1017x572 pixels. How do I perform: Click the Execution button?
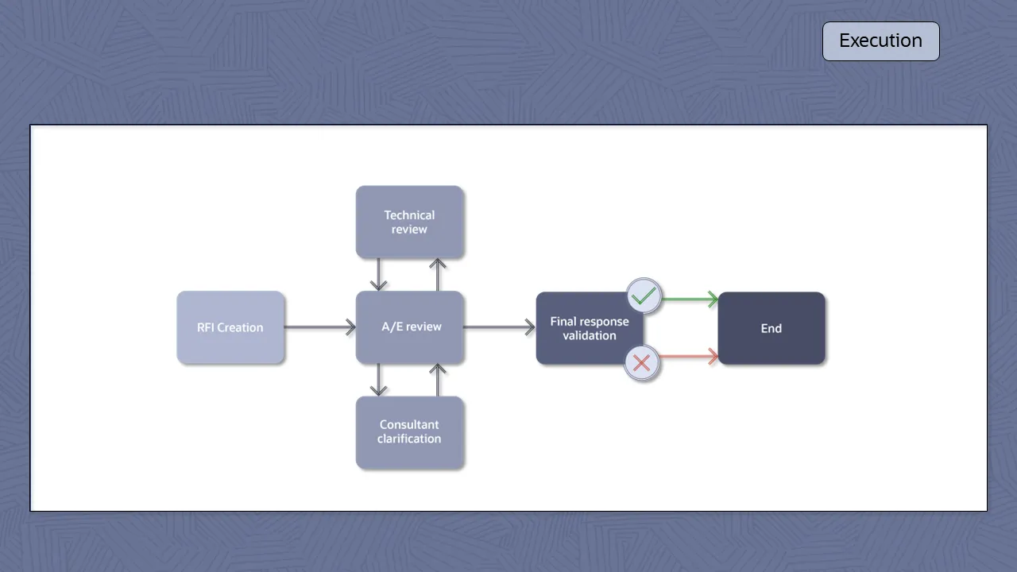(880, 41)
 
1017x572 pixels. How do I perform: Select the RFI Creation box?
(230, 327)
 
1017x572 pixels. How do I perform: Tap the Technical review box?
(409, 222)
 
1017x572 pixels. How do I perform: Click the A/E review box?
(410, 327)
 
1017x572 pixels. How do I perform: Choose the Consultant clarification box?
(409, 432)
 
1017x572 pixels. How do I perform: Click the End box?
(771, 328)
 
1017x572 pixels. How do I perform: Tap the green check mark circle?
(644, 296)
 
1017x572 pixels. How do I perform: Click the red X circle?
(642, 363)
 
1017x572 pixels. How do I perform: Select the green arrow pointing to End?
(690, 300)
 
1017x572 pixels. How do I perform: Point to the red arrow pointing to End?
(690, 357)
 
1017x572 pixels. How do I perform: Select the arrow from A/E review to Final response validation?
(499, 327)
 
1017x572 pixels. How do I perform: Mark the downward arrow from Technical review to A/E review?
(379, 275)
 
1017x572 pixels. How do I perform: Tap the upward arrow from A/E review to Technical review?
(438, 275)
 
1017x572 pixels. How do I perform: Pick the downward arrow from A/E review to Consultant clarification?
(379, 380)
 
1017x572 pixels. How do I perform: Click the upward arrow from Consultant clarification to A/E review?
(438, 380)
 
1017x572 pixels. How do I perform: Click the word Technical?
(409, 215)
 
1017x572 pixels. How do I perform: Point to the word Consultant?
(409, 425)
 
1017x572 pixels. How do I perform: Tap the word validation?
(590, 335)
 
